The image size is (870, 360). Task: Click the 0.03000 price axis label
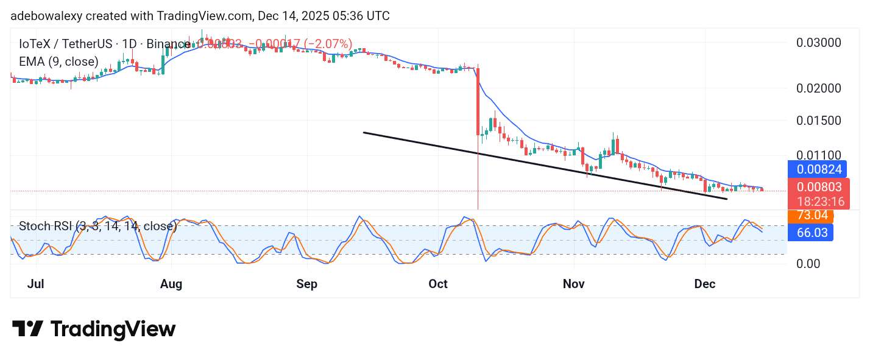819,43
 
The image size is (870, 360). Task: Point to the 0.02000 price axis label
819,88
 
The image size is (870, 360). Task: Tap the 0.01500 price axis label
819,120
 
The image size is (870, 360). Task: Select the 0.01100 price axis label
819,155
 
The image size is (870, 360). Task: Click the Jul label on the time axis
36,284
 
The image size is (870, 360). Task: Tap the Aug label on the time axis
171,284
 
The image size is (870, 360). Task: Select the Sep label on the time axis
307,284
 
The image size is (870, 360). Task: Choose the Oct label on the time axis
438,284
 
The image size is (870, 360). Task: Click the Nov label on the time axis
574,284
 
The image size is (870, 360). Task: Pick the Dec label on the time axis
705,284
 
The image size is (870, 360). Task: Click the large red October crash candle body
478,101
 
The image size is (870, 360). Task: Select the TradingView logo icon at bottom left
27,330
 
